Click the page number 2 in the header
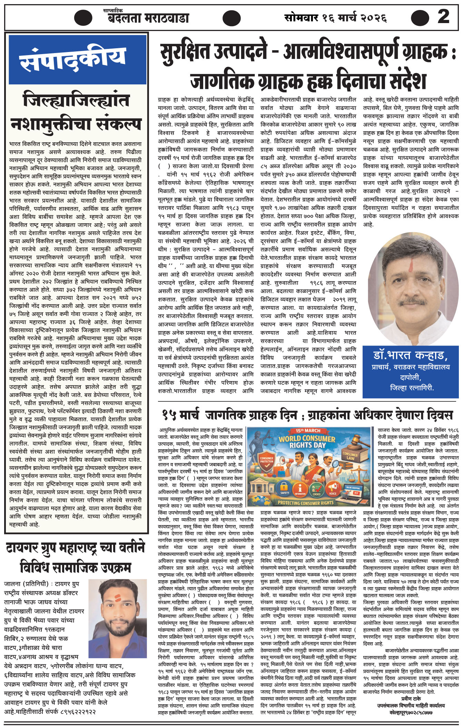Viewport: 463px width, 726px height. click(443, 16)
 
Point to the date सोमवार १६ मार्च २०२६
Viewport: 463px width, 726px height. click(335, 18)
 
